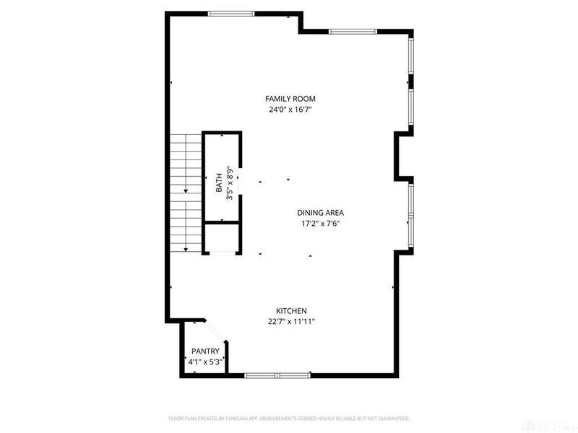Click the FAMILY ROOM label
pyautogui.click(x=290, y=99)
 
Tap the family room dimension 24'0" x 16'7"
pyautogui.click(x=290, y=110)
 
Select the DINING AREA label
pyautogui.click(x=320, y=213)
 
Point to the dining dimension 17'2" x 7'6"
pyautogui.click(x=320, y=224)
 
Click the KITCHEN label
pyautogui.click(x=291, y=310)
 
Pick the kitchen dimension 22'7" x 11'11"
pyautogui.click(x=291, y=322)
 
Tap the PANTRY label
pyautogui.click(x=205, y=351)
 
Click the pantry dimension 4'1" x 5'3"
pyautogui.click(x=205, y=362)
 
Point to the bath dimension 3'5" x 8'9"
pyautogui.click(x=230, y=183)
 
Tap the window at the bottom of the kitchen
pyautogui.click(x=277, y=375)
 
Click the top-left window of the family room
pyautogui.click(x=231, y=13)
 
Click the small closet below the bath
pyautogui.click(x=220, y=237)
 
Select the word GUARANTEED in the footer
pyautogui.click(x=391, y=418)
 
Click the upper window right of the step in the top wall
pyautogui.click(x=353, y=31)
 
